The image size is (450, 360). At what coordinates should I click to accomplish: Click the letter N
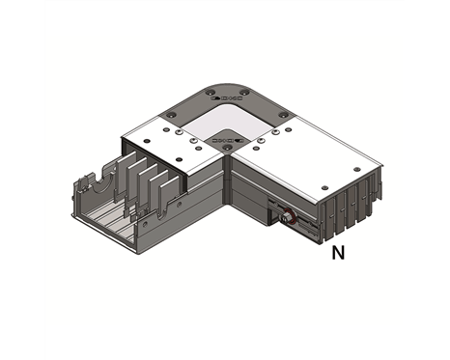(x=338, y=254)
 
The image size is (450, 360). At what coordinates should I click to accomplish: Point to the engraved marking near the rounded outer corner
(x=228, y=97)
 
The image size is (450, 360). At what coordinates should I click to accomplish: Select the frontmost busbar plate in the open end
(x=165, y=192)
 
